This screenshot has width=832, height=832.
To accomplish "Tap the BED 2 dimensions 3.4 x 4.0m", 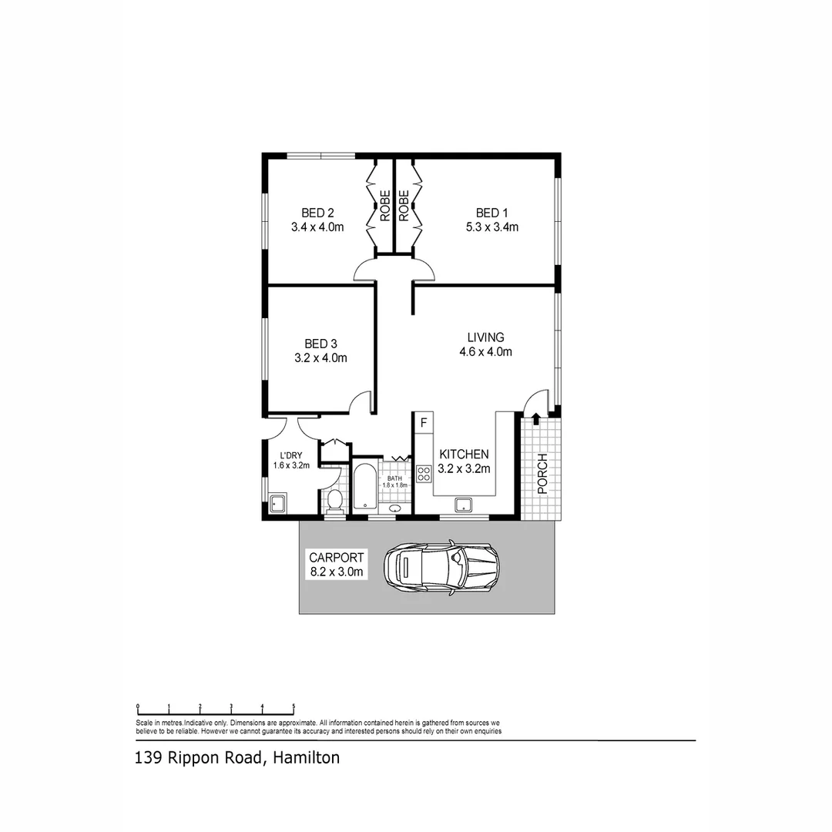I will pos(317,227).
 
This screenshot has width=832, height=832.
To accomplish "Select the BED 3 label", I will pos(320,344).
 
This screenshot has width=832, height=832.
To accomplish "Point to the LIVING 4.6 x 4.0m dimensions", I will pos(486,352).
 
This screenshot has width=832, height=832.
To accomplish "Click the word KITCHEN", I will pos(463,454).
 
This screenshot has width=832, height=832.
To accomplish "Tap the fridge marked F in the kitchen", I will pos(423,422).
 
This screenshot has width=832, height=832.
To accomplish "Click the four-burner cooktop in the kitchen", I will pos(424,474).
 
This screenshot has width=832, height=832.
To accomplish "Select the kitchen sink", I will pos(463,505).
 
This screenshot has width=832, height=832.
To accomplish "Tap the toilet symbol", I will pos(334,502).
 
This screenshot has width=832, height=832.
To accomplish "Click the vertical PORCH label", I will pos(542,474).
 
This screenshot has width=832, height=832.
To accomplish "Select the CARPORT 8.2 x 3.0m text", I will pos(336,565).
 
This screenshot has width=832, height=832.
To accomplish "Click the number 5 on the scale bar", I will pos(294,706).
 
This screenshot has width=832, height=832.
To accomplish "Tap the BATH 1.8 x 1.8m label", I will pos(394,481).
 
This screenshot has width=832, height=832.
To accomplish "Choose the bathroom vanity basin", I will pos(395,508).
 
